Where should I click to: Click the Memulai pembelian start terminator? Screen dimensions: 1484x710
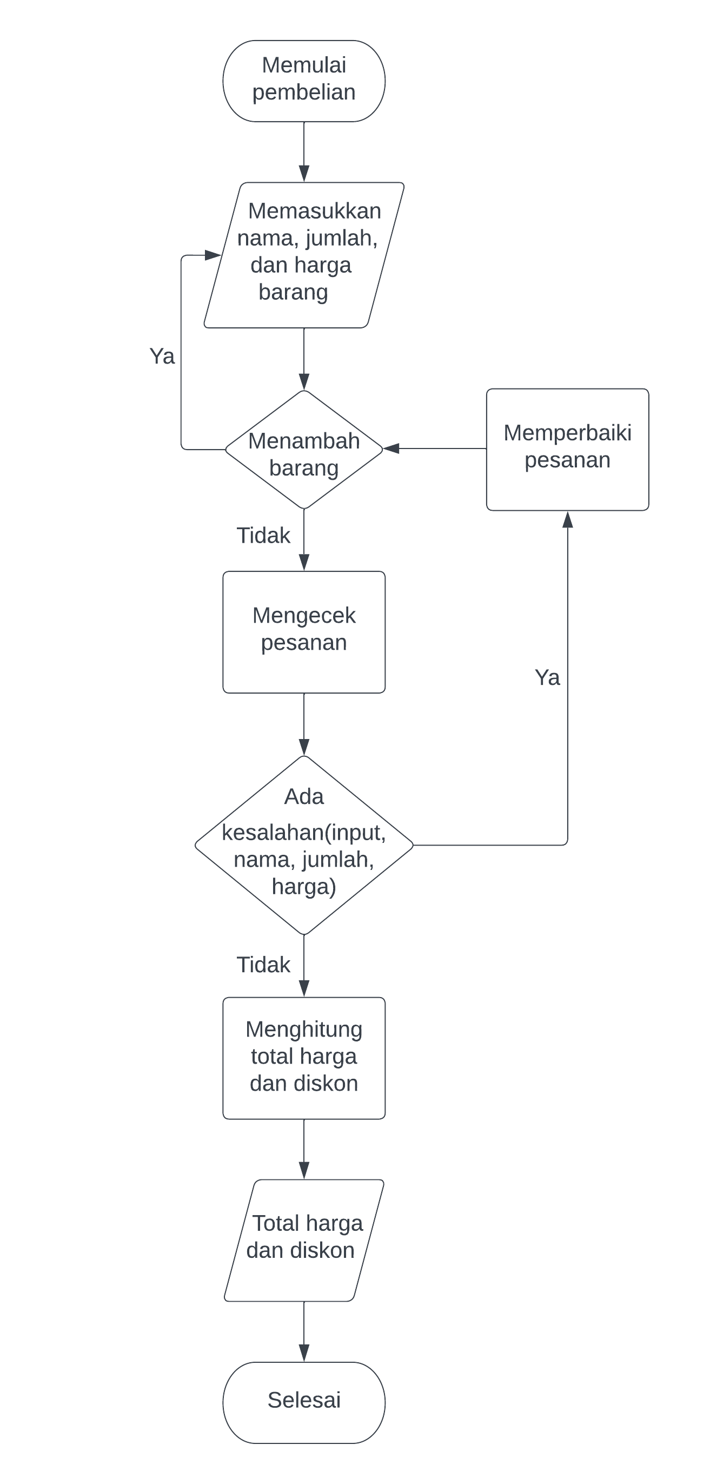[x=303, y=81]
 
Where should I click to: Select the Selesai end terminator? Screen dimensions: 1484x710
[x=303, y=1402]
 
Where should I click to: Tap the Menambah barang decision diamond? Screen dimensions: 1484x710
[x=303, y=450]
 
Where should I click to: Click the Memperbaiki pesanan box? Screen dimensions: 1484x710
[x=567, y=450]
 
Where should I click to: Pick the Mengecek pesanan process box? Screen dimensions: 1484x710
[x=303, y=632]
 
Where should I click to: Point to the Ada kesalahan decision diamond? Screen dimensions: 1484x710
[x=303, y=845]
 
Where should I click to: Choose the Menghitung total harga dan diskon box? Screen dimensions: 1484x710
[x=303, y=1058]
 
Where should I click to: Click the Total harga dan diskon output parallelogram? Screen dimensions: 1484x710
[x=303, y=1240]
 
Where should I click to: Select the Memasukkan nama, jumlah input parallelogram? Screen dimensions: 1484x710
[x=303, y=255]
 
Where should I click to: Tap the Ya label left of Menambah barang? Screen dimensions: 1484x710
[x=162, y=356]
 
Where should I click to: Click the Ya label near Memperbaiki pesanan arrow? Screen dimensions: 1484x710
[x=547, y=677]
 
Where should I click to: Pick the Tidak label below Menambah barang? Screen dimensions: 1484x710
[x=263, y=536]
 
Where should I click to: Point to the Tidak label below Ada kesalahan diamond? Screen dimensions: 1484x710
[x=263, y=965]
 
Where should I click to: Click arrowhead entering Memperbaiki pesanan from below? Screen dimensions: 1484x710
[x=567, y=519]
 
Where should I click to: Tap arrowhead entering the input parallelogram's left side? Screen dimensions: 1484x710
[x=213, y=255]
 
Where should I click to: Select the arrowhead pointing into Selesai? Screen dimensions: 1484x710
[x=304, y=1353]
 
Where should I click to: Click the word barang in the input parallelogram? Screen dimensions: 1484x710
[x=293, y=292]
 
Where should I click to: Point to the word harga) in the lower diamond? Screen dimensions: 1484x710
[x=303, y=887]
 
